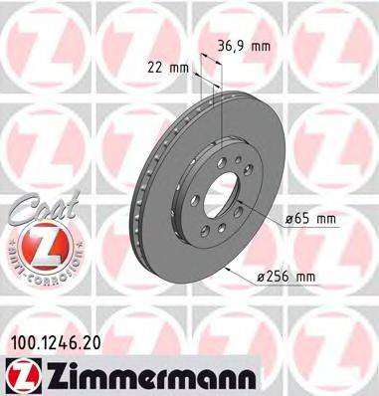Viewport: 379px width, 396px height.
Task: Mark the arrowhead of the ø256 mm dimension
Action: (231, 267)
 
